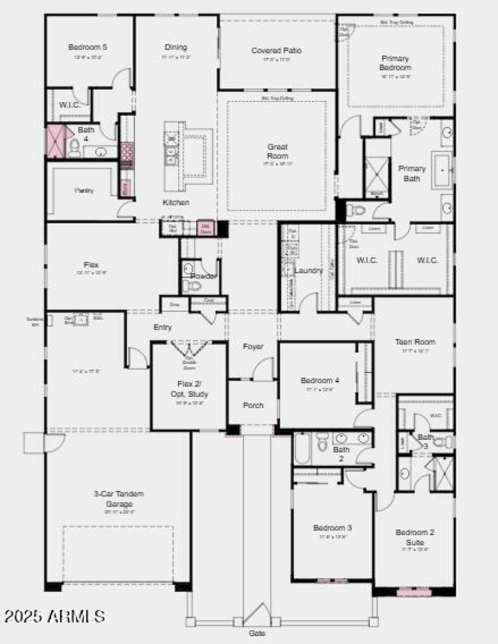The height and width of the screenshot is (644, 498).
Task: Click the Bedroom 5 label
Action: tap(87, 47)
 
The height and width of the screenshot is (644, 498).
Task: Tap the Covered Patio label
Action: tap(276, 50)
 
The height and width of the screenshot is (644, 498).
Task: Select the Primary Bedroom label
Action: tap(395, 63)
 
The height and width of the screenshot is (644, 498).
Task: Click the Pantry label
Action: tap(84, 190)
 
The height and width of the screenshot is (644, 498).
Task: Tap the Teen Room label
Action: tap(415, 342)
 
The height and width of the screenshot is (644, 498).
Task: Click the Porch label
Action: tap(253, 405)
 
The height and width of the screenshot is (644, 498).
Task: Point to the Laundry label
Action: tap(309, 271)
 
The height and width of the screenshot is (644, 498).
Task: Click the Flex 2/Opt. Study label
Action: tap(189, 389)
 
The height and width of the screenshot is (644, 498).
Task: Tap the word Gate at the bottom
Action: tap(257, 633)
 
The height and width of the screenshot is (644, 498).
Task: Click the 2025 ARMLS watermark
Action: tap(55, 616)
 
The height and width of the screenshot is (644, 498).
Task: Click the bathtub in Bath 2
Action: tap(302, 449)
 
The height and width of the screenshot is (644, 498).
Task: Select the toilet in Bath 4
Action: tap(75, 147)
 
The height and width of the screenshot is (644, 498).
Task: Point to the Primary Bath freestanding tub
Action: tap(443, 169)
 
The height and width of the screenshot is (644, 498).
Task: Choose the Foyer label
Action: tap(253, 347)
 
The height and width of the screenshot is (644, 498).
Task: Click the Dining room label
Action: tap(176, 47)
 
